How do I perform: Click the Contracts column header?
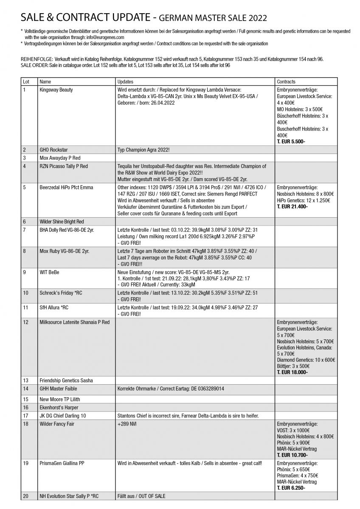coord(286,81)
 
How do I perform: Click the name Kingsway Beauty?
coord(56,90)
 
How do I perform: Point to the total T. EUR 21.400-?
coord(292,207)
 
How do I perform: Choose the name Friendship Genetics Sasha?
coord(66,380)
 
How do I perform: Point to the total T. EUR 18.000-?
coord(292,372)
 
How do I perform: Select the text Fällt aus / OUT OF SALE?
coord(141,496)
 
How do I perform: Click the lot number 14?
coord(26,389)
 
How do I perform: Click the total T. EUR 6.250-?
coord(291,488)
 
